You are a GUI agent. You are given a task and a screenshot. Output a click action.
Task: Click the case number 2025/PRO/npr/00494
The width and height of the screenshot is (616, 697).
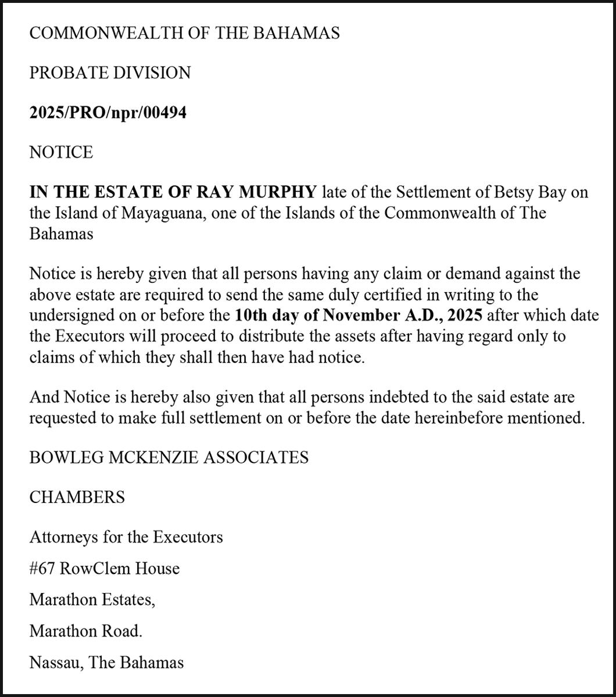tap(108, 113)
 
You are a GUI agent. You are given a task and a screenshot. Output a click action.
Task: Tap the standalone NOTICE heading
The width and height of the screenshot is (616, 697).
tap(61, 152)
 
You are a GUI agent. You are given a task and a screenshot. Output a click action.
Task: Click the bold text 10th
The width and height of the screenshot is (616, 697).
tap(251, 316)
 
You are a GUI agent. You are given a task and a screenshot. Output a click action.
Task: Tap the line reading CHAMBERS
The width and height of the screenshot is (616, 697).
tap(77, 498)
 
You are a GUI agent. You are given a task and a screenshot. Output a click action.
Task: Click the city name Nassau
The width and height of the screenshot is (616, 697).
tap(56, 662)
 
